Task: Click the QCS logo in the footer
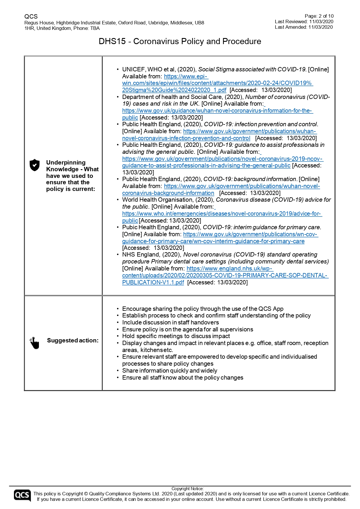tap(22, 495)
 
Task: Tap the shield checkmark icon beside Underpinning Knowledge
tap(35, 165)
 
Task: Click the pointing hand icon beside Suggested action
tap(34, 343)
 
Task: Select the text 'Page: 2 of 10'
tap(319, 16)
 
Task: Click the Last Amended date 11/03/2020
tap(320, 27)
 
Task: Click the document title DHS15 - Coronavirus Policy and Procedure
tap(180, 41)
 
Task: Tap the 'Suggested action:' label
tap(73, 340)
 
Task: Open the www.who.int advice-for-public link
tap(222, 214)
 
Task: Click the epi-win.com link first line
tap(186, 76)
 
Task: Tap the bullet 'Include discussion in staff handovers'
tap(170, 322)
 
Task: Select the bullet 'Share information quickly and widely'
tap(170, 371)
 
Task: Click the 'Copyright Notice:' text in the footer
tap(188, 489)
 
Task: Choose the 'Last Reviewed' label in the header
tap(291, 21)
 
